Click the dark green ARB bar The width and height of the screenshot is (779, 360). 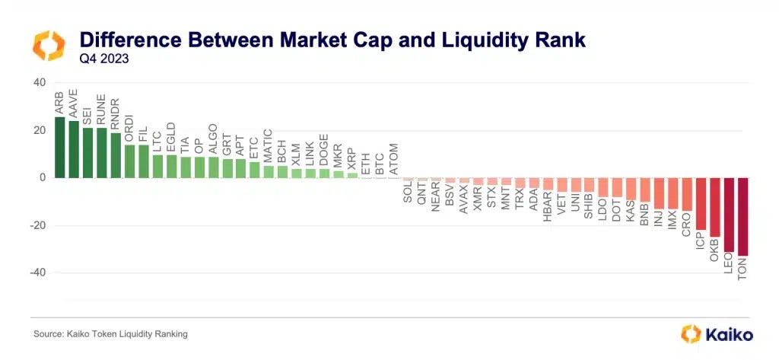59,147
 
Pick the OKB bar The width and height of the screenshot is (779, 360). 714,207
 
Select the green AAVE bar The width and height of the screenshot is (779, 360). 74,149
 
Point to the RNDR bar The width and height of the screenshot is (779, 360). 116,155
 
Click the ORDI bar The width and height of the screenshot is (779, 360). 129,161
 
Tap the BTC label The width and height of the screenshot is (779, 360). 380,163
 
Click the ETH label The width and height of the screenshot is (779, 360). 366,163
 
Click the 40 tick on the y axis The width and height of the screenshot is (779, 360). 39,83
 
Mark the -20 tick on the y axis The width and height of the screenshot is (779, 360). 37,225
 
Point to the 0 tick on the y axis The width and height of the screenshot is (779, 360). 43,178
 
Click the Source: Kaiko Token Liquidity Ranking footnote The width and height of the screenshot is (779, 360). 110,334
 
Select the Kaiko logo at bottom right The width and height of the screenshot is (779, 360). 716,333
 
